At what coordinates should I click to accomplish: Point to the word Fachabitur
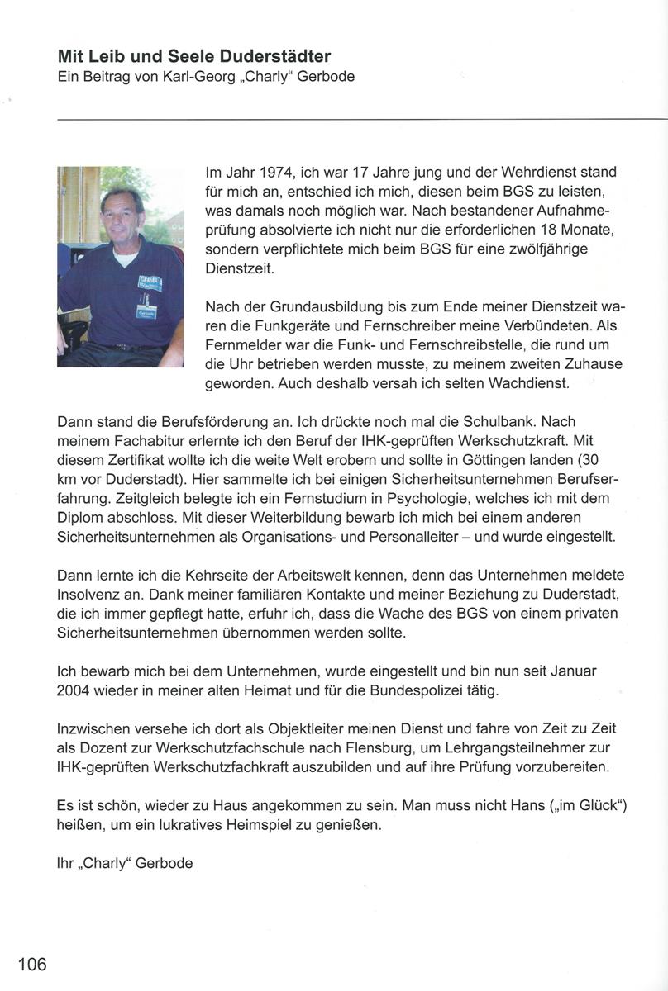coord(144,440)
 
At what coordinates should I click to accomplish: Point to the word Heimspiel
coord(257,824)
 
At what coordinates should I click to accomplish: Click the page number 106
coord(33,963)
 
